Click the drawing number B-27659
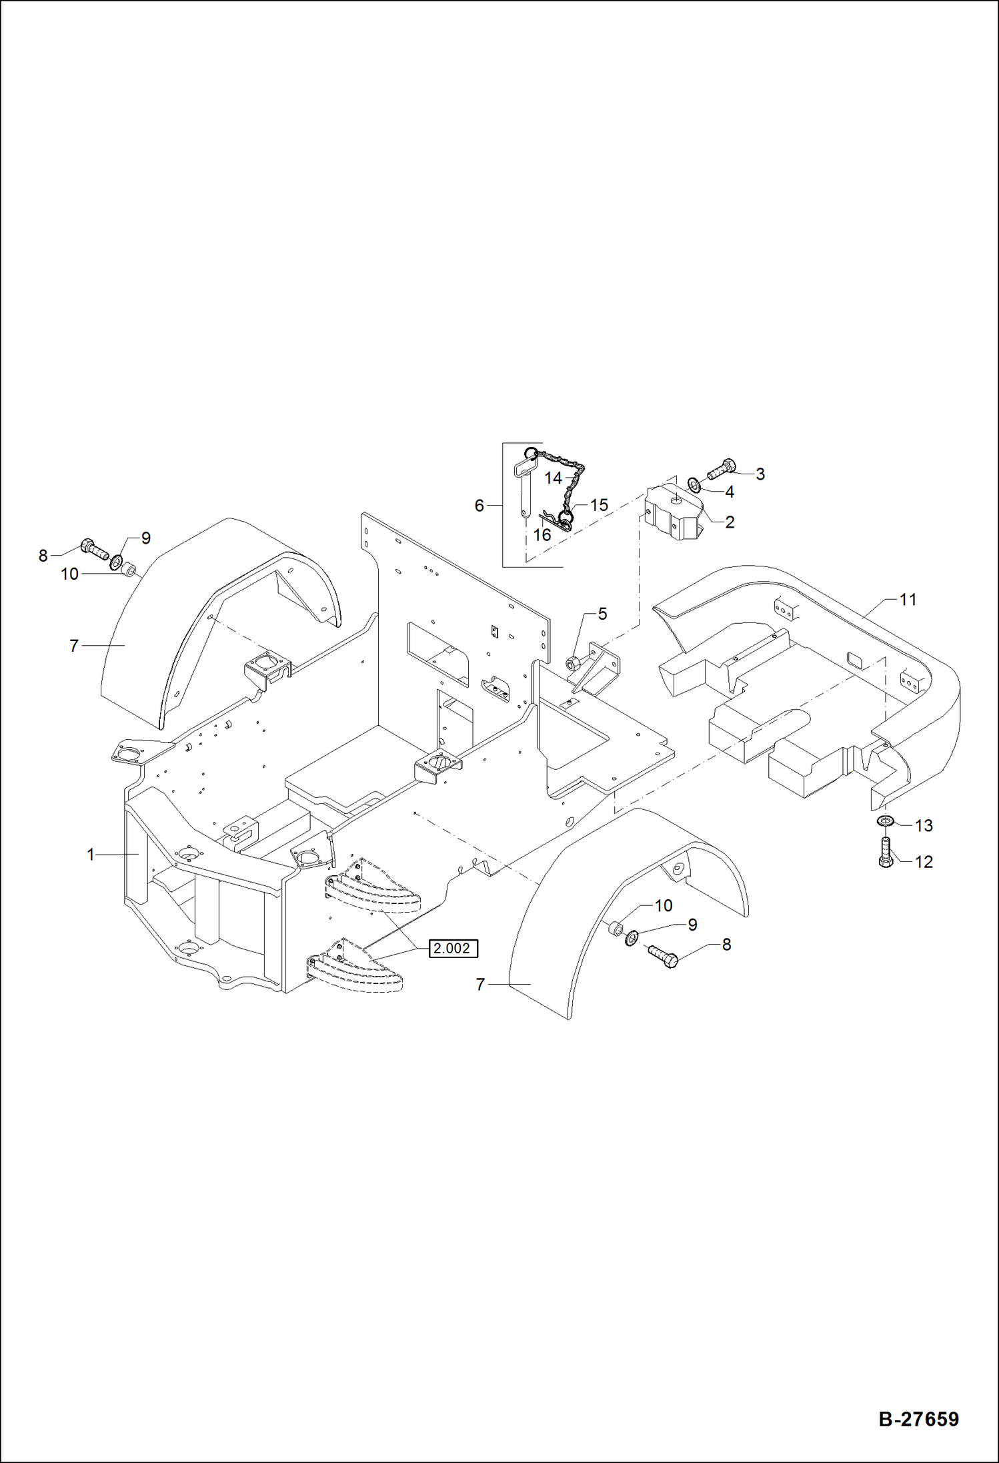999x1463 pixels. pos(918,1418)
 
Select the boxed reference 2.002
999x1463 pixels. pos(451,948)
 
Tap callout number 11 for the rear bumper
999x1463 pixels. pos(908,600)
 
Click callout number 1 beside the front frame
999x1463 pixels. pos(91,854)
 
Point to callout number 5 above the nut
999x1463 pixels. pos(602,614)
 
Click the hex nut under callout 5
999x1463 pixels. pos(572,663)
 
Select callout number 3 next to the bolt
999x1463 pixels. pos(760,474)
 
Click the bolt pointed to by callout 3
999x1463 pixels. pos(721,468)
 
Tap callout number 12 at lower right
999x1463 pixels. pos(923,862)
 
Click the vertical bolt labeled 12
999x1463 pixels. pos(886,853)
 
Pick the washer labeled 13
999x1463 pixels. pos(885,820)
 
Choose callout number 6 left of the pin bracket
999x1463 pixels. pos(479,506)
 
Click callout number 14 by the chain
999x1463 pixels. pos(553,478)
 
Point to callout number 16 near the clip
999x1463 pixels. pos(542,534)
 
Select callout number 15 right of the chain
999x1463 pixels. pos(599,505)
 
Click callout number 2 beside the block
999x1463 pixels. pos(730,522)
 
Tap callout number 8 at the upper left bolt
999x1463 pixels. pos(43,555)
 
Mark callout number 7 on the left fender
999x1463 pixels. pos(74,645)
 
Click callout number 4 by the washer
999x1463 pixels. pos(730,492)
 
